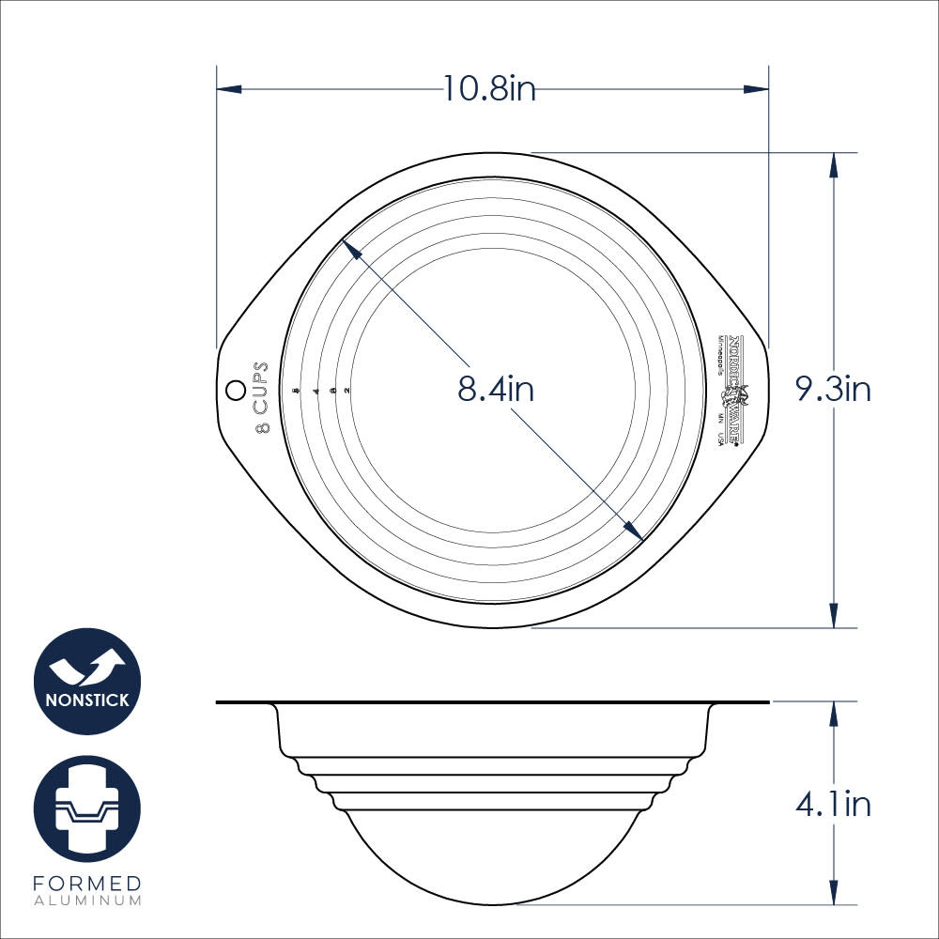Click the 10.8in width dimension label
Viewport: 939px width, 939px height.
(x=489, y=89)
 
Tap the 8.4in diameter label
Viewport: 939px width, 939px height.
(x=496, y=389)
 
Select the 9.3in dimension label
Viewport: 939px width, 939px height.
(x=834, y=389)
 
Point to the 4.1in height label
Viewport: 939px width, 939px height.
(x=834, y=805)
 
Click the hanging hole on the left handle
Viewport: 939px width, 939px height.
(x=233, y=388)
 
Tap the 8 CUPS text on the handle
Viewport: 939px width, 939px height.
(x=262, y=397)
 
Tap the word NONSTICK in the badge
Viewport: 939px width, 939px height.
(x=87, y=700)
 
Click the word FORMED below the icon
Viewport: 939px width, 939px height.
(x=87, y=884)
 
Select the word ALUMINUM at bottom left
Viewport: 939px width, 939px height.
(x=87, y=901)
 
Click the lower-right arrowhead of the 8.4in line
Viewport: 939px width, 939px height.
(x=635, y=532)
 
